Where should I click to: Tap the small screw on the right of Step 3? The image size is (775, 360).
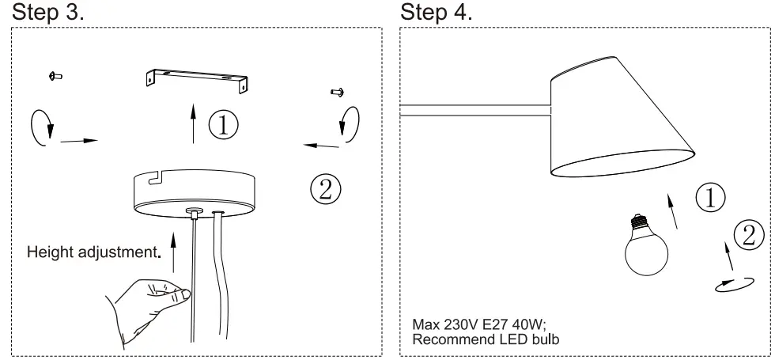tap(336, 92)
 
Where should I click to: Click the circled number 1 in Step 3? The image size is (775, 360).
tap(225, 126)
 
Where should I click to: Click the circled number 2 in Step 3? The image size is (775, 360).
tap(325, 188)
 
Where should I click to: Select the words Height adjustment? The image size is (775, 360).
tap(89, 253)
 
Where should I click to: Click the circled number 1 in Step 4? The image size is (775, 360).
tap(711, 197)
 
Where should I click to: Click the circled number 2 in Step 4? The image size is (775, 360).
tap(749, 234)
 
